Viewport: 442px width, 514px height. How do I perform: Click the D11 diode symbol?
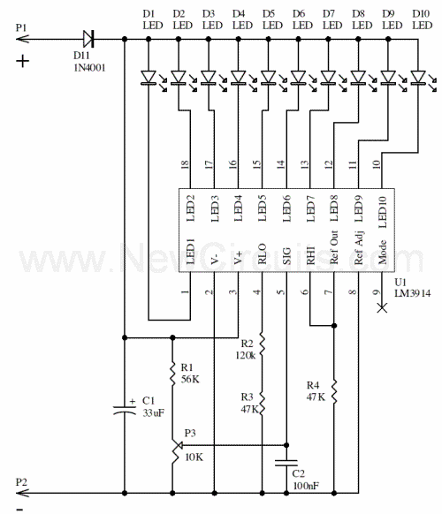pos(88,39)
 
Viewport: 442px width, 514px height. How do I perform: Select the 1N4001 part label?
pos(89,68)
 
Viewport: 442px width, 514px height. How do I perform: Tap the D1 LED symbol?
pos(149,78)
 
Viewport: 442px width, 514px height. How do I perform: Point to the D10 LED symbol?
pos(418,78)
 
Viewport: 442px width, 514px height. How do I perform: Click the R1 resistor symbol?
pos(172,374)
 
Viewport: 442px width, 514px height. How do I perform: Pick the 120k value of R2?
pos(246,355)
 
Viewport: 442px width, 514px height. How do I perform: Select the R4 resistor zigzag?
pos(334,391)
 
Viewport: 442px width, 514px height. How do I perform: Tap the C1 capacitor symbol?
pos(125,410)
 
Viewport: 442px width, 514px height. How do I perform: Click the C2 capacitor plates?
pos(286,463)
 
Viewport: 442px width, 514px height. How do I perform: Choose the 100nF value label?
pos(306,486)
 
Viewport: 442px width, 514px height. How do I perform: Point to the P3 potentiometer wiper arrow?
pos(179,445)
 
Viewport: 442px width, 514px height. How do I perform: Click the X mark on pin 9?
pos(382,308)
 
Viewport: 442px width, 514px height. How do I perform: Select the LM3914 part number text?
pos(413,293)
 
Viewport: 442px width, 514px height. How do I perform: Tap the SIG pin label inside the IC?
pos(286,256)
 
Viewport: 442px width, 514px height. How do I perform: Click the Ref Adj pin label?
pos(359,248)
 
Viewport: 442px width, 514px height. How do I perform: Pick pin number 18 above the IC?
pos(185,164)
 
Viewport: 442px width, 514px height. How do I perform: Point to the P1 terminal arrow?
pos(23,39)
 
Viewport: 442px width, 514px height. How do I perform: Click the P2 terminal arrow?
pos(23,493)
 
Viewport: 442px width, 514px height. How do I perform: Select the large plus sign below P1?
pos(23,61)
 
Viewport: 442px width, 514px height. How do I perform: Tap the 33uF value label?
pos(153,412)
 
